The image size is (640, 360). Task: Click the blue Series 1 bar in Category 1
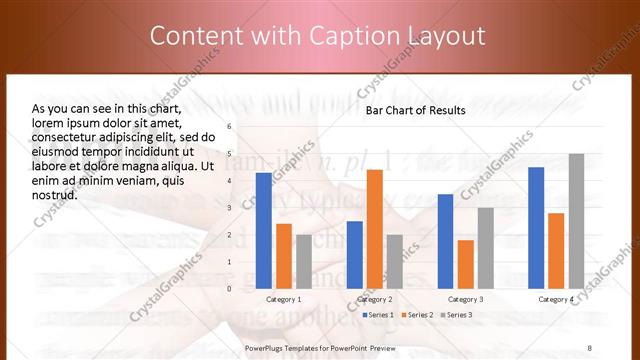pyautogui.click(x=263, y=230)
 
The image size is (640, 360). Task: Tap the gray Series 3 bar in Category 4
pyautogui.click(x=576, y=221)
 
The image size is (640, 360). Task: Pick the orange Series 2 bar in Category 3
pyautogui.click(x=466, y=263)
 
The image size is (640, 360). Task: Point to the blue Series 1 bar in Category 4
pyautogui.click(x=536, y=227)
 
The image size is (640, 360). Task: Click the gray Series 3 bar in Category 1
pyautogui.click(x=303, y=261)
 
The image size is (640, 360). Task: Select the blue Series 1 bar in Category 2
pyautogui.click(x=355, y=254)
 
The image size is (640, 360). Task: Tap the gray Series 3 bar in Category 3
pyautogui.click(x=485, y=247)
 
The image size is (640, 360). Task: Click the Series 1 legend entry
pyautogui.click(x=377, y=315)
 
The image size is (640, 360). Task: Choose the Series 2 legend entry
pyautogui.click(x=417, y=315)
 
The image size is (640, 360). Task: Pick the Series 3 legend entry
pyautogui.click(x=456, y=315)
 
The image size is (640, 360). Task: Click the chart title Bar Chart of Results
pyautogui.click(x=415, y=111)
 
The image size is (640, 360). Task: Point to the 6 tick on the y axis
pyautogui.click(x=229, y=127)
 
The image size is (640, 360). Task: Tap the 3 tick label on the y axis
pyautogui.click(x=229, y=208)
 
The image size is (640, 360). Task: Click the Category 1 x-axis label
pyautogui.click(x=283, y=299)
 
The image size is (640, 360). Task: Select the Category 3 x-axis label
pyautogui.click(x=465, y=299)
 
